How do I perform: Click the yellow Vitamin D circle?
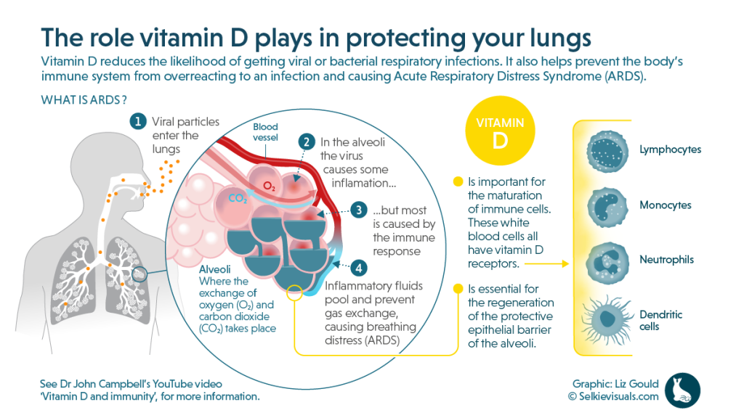(499, 133)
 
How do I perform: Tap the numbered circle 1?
(136, 121)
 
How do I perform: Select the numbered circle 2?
(307, 142)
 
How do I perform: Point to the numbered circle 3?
(358, 210)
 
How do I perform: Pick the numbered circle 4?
(358, 266)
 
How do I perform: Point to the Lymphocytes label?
(670, 150)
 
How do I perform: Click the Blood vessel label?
(265, 131)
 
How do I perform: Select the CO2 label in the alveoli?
(238, 197)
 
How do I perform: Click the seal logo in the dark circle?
(682, 390)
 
